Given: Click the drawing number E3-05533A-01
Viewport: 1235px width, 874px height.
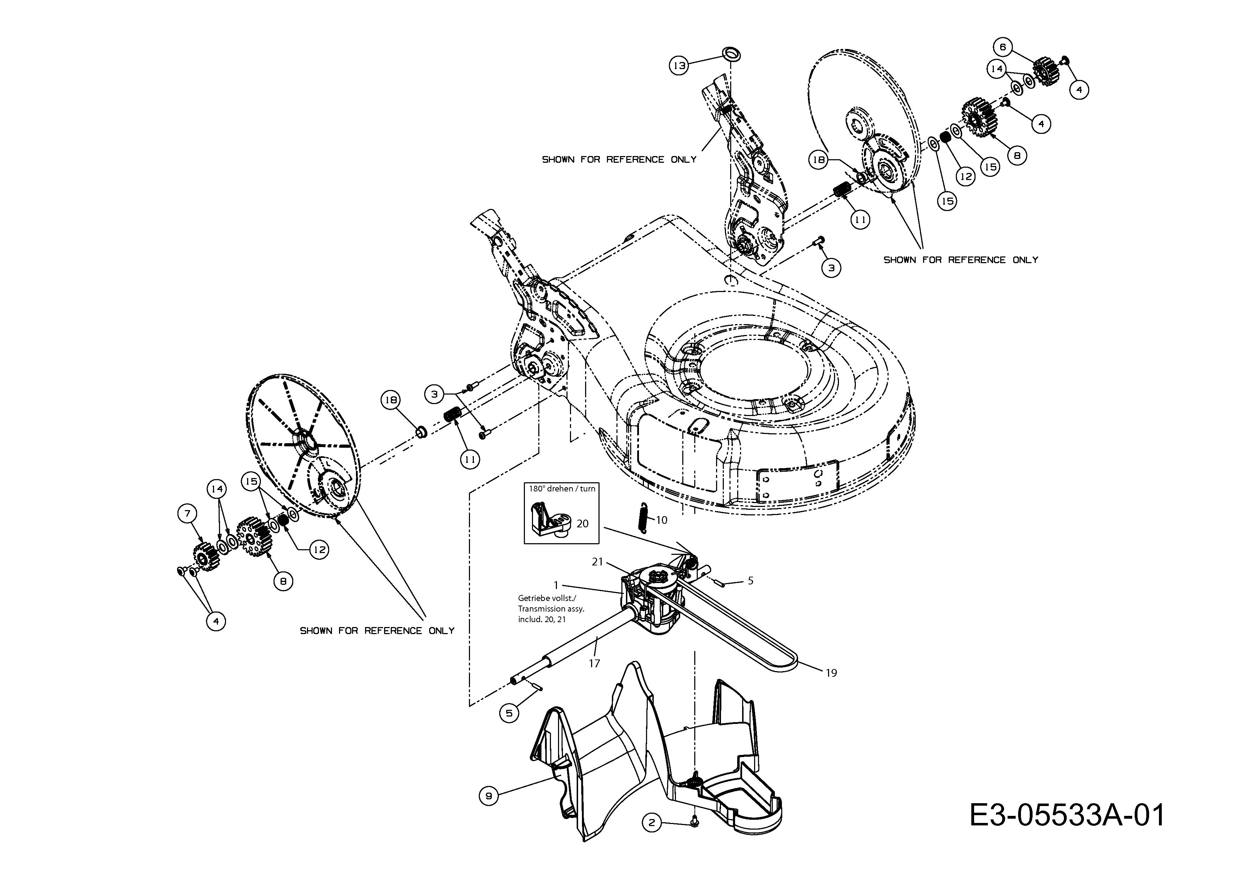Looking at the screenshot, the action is coord(1067,815).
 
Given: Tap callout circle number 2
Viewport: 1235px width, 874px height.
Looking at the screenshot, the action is coord(652,822).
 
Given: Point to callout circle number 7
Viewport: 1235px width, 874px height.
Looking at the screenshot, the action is coord(188,513).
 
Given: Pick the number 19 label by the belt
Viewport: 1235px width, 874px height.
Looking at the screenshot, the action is coord(831,673).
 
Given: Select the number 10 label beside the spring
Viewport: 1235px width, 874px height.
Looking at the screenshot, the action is coord(661,520).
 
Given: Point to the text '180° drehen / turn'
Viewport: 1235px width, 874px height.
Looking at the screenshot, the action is coord(562,489).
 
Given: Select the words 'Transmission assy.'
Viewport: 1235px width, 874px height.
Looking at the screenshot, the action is coord(551,609).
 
